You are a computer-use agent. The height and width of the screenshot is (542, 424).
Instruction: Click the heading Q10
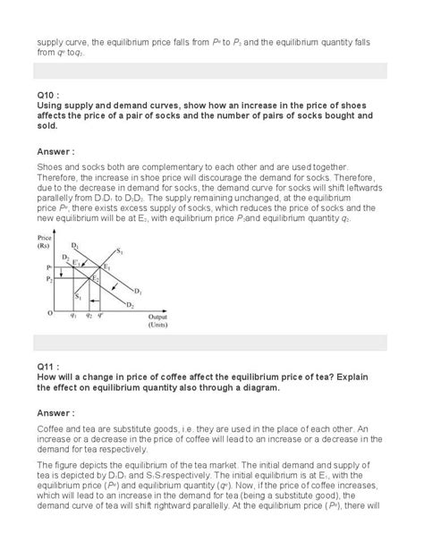(x=47, y=95)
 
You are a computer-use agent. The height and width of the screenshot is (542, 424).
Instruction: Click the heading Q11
(x=47, y=368)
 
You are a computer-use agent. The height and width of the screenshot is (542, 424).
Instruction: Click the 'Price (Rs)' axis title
(x=46, y=241)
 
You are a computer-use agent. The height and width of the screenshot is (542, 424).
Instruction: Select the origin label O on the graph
(x=50, y=313)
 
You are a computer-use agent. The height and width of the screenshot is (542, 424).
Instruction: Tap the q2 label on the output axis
(x=89, y=316)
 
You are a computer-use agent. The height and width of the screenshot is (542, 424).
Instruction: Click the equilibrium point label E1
(x=106, y=267)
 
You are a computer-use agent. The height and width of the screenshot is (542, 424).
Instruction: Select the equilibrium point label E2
(x=96, y=278)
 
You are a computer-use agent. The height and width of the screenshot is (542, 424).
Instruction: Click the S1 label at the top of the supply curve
(x=120, y=250)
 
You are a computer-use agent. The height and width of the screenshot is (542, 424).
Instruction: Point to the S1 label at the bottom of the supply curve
(x=78, y=296)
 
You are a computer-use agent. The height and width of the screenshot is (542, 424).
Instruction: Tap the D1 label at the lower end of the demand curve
(x=138, y=291)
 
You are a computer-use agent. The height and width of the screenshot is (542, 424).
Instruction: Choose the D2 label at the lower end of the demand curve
(x=127, y=305)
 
